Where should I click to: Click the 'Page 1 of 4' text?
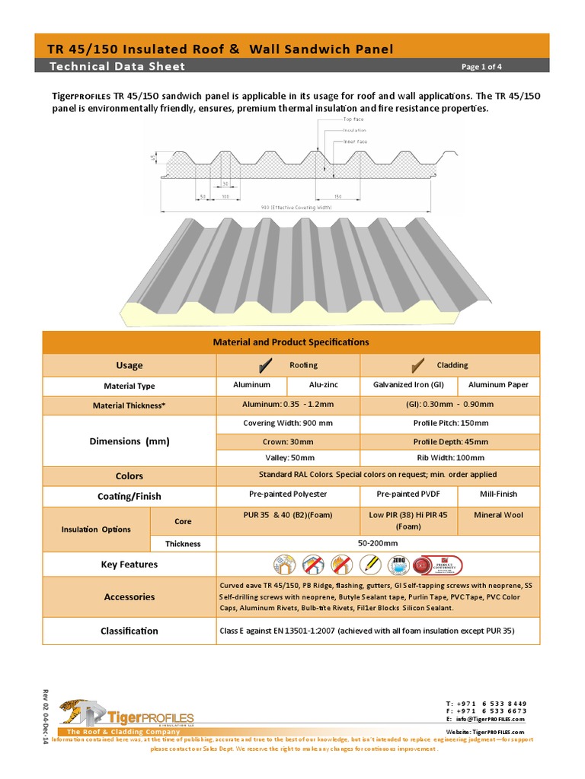481,67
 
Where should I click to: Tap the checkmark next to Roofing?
267,364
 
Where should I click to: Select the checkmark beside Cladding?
417,364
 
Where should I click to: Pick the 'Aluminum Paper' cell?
498,386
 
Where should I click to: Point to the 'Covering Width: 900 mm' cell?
287,423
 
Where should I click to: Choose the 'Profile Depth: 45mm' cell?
451,441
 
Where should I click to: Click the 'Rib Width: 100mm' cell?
451,458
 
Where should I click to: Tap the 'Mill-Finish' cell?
499,495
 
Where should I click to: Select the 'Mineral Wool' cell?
499,515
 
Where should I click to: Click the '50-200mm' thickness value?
378,543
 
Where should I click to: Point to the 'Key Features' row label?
129,564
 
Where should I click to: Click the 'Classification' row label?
129,631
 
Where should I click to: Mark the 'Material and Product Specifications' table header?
291,342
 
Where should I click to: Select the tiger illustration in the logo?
75,711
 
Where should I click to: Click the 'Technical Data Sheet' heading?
117,66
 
